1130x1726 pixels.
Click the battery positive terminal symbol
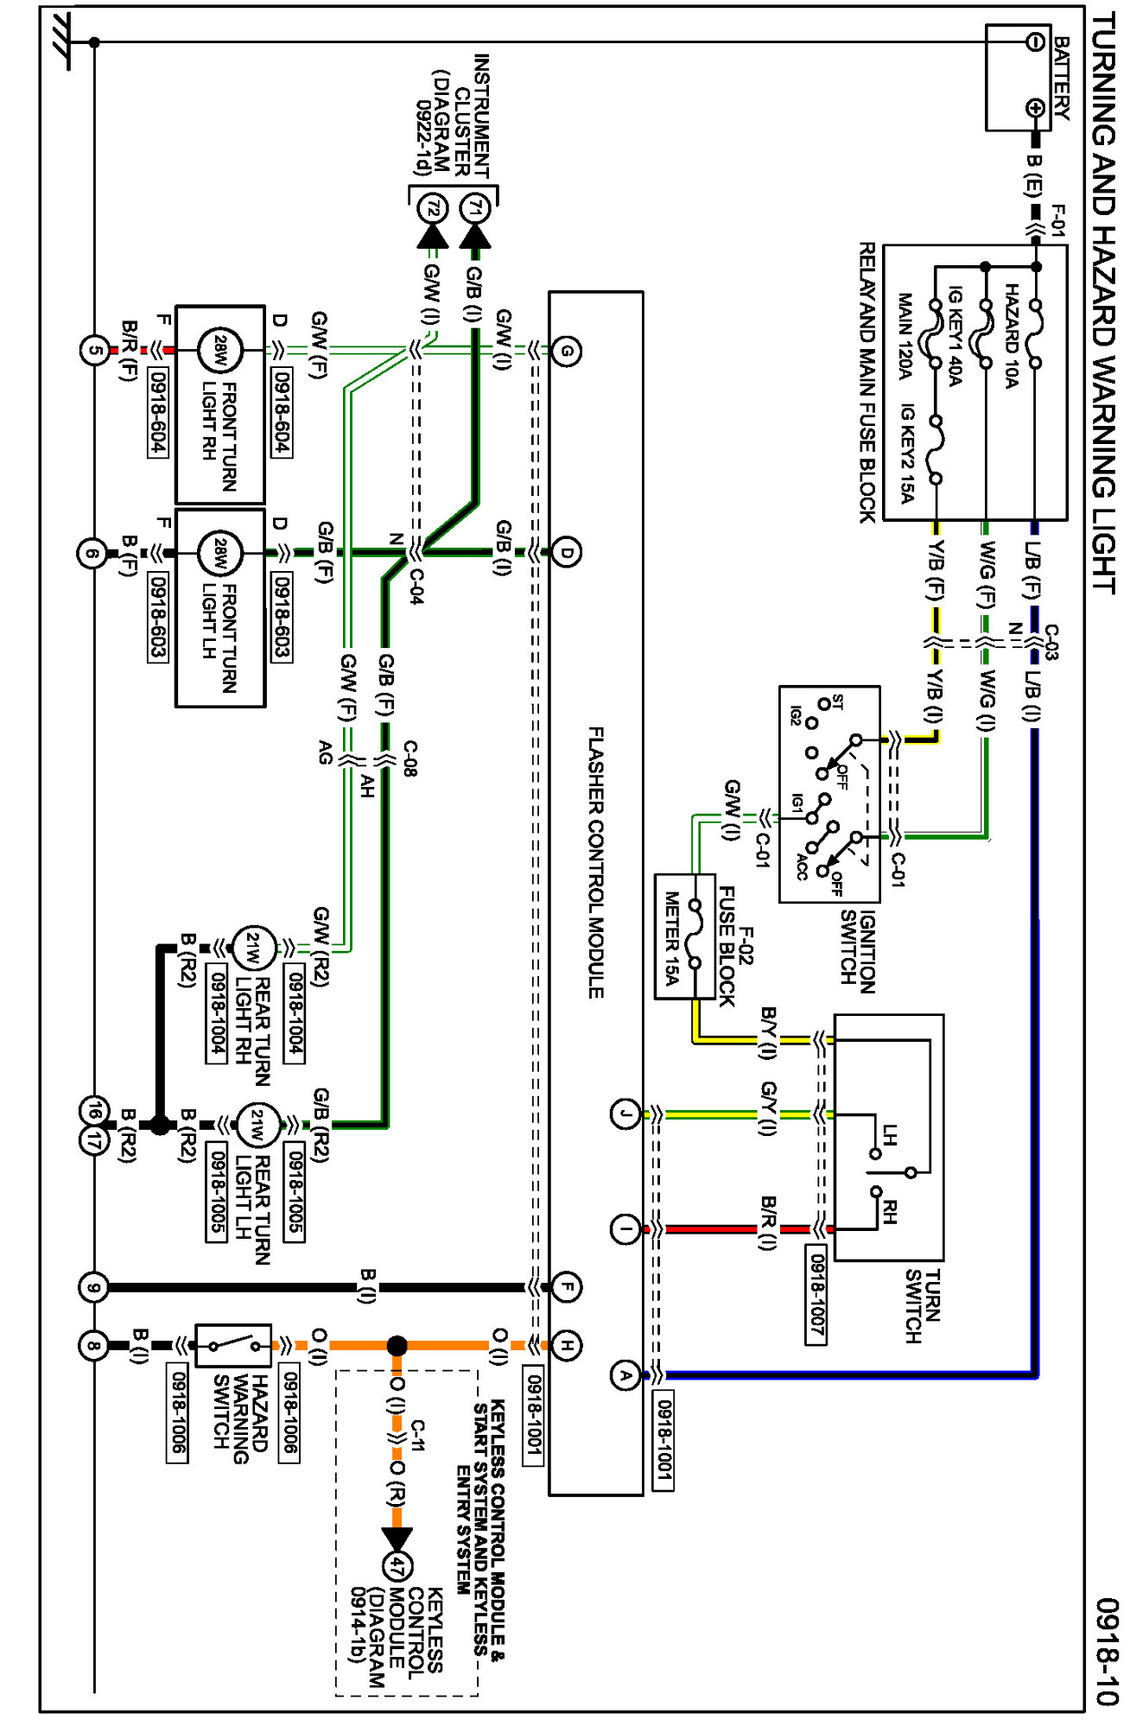pos(1035,108)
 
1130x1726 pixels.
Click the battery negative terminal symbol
pos(1035,41)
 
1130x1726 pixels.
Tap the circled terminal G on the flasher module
pos(567,351)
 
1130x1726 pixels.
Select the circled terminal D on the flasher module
pos(567,552)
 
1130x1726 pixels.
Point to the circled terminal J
pos(625,1114)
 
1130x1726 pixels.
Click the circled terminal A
pos(625,1375)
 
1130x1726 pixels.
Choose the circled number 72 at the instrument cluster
pos(433,208)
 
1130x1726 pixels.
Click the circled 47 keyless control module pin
pos(397,1567)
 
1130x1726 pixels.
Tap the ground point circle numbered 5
pos(94,351)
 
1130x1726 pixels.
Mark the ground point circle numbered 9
pos(93,1288)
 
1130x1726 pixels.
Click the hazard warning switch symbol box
pos(233,1345)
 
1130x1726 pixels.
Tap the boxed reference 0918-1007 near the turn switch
pos(816,1293)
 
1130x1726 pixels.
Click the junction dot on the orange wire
pos(397,1345)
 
